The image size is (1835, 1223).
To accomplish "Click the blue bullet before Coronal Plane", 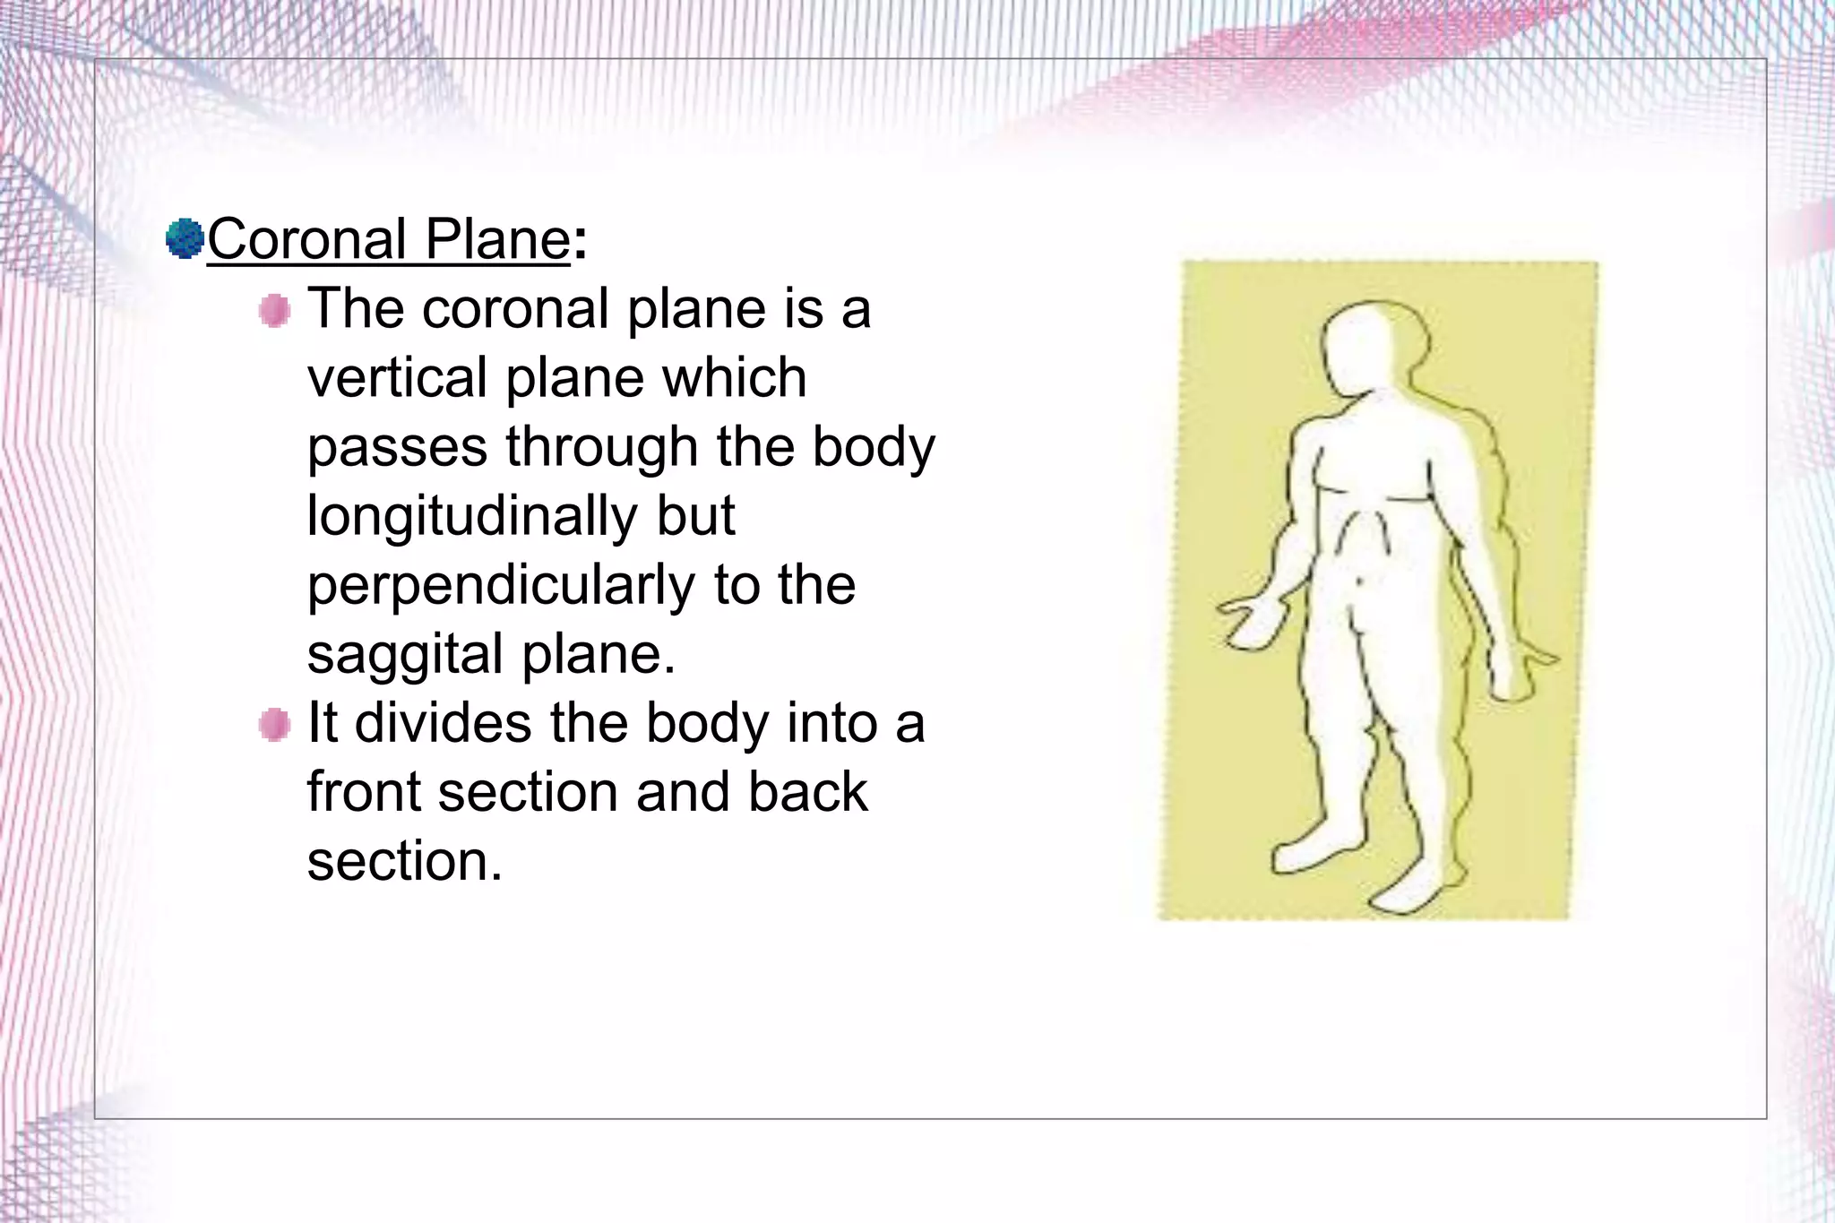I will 185,239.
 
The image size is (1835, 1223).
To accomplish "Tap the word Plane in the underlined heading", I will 496,239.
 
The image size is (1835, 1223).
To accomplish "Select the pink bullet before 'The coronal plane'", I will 275,312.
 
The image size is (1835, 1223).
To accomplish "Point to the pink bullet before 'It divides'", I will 275,725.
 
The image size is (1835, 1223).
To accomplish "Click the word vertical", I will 397,377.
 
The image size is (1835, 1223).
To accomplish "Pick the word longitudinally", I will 471,516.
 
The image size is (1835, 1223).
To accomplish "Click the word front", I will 364,792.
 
